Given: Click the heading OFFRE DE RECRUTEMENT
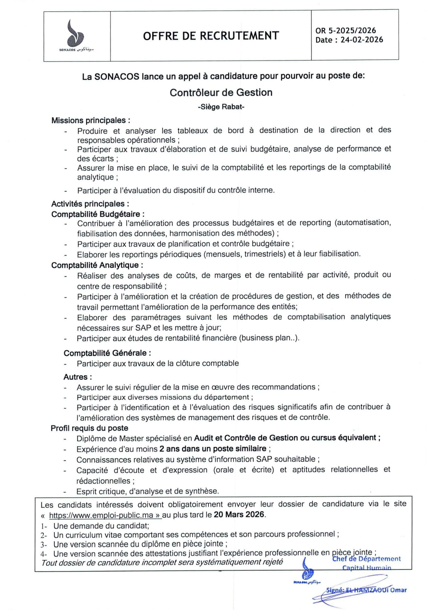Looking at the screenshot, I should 211,36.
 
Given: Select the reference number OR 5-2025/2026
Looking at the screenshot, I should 345,30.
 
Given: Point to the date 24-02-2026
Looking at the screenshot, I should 362,40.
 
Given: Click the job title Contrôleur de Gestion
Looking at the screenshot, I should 221,93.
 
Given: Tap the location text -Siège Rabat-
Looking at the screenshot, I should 221,107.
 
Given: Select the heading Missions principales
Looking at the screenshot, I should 91,120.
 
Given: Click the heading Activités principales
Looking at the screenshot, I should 90,204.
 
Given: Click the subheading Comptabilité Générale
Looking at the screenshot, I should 107,353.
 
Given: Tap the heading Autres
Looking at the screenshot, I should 78,377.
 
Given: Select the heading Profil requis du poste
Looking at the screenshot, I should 89,428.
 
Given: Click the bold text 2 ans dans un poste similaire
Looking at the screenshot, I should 212,448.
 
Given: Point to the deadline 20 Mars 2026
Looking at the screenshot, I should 239,514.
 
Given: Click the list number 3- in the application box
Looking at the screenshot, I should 44,545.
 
